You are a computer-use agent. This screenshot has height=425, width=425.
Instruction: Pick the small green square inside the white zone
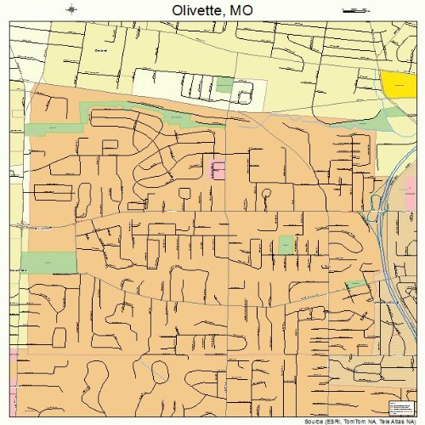point(224,84)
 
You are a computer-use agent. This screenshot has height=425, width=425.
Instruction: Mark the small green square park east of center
point(286,245)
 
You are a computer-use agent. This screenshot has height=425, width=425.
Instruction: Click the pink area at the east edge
point(413,186)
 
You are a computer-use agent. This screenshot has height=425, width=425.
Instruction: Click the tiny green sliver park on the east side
point(355,283)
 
